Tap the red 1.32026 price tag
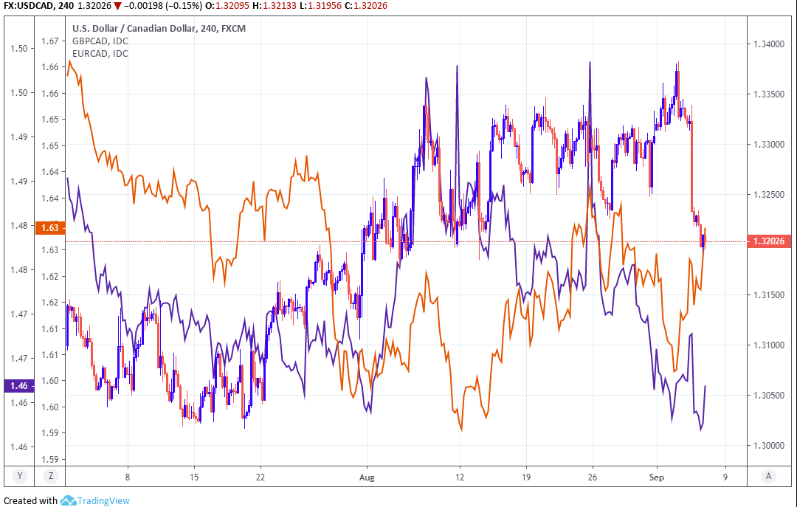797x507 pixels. click(770, 241)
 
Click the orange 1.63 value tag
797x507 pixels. click(50, 228)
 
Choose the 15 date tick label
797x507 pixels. click(193, 477)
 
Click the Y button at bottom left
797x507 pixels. click(19, 477)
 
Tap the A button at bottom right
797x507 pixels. click(769, 477)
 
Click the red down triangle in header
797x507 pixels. click(117, 7)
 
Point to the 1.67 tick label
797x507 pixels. click(50, 41)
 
